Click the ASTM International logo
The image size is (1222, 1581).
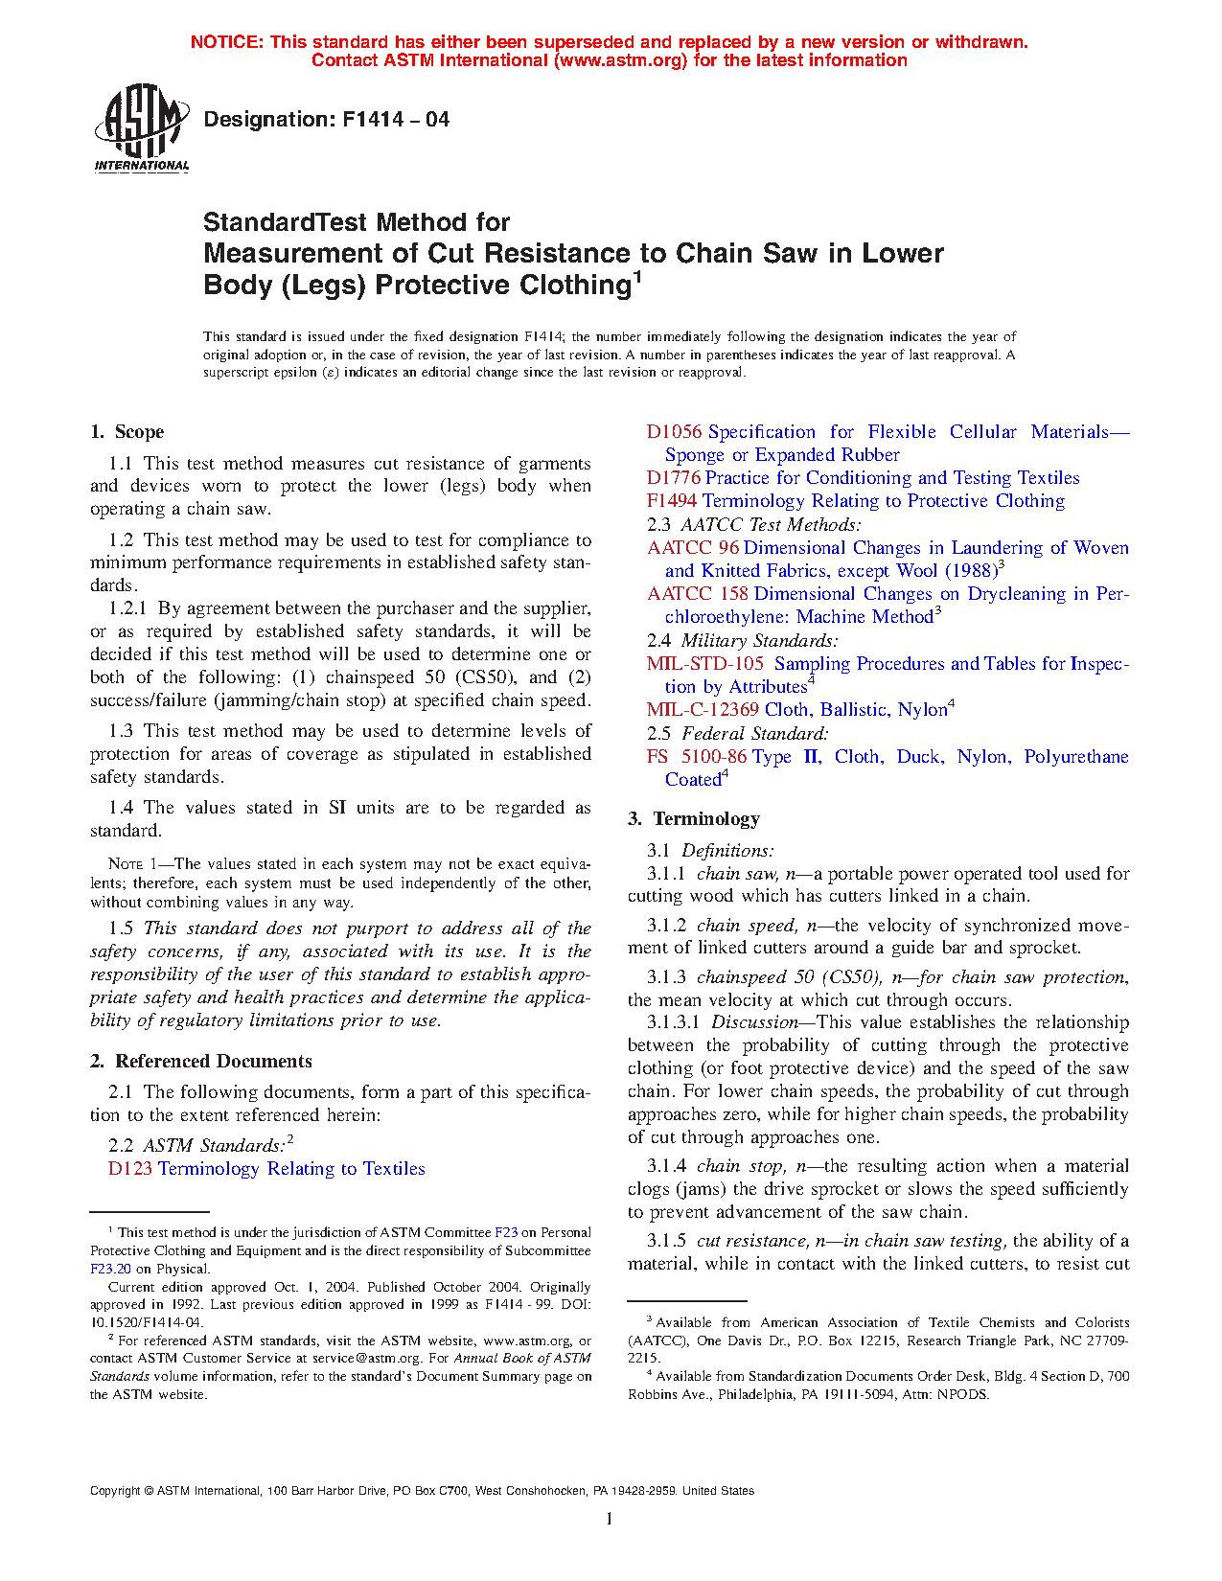tap(141, 127)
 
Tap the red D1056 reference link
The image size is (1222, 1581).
tap(674, 432)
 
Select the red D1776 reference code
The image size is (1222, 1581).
tap(674, 478)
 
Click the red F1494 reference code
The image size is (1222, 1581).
tap(673, 501)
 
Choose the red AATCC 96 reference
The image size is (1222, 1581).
tap(693, 548)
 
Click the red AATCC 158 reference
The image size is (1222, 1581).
tap(698, 594)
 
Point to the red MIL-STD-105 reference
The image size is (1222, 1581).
tap(705, 664)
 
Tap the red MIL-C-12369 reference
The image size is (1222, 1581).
tap(703, 710)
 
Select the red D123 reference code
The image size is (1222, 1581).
tap(130, 1169)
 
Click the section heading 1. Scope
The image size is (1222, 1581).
tap(127, 432)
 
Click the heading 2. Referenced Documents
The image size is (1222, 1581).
tap(201, 1062)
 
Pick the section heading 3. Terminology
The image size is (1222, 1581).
tap(694, 819)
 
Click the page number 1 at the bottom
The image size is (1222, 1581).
tap(610, 1519)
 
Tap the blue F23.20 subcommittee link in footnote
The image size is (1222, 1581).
tap(110, 1270)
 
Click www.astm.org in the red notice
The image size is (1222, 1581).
tap(620, 60)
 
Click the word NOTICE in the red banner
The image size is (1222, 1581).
tap(225, 42)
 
